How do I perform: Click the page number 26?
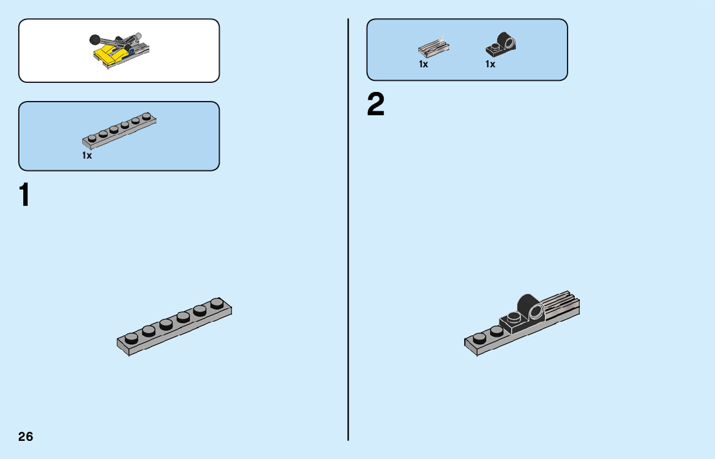click(26, 436)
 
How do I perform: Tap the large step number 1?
click(25, 196)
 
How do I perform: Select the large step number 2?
click(376, 106)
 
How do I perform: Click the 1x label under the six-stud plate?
click(87, 155)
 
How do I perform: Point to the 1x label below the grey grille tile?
click(423, 64)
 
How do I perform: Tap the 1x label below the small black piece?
click(491, 64)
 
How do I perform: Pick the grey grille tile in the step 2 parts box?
click(434, 48)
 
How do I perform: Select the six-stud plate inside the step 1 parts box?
click(120, 129)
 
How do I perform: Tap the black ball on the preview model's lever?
click(94, 38)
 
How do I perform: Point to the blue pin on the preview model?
click(131, 48)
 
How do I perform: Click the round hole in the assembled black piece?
click(537, 314)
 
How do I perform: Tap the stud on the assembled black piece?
click(513, 317)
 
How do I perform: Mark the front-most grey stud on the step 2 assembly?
click(479, 338)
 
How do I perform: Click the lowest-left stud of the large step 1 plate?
click(131, 337)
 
